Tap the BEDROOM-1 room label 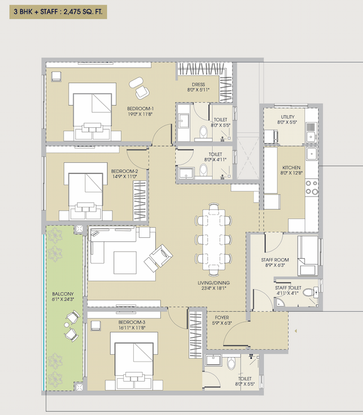point(140,108)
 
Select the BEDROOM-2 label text point(124,171)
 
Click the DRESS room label point(198,85)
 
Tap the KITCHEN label point(291,168)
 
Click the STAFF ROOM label point(275,259)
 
